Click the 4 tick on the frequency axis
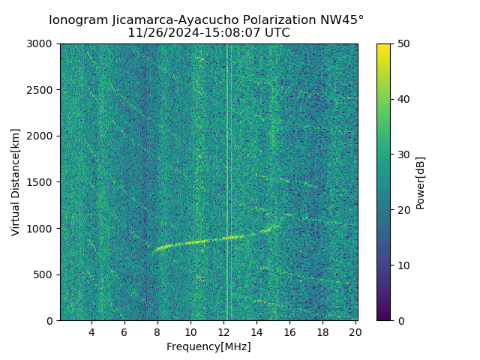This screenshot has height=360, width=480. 91,331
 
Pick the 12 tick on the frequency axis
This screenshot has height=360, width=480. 223,331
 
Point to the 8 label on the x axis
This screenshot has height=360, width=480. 157,331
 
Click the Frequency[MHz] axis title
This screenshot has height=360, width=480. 208,346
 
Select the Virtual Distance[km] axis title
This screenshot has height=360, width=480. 16,182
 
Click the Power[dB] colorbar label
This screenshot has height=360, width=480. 421,182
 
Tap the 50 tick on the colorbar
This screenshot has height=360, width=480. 402,44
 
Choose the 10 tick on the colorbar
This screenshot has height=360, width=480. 402,265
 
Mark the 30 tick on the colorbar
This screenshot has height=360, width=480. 402,154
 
